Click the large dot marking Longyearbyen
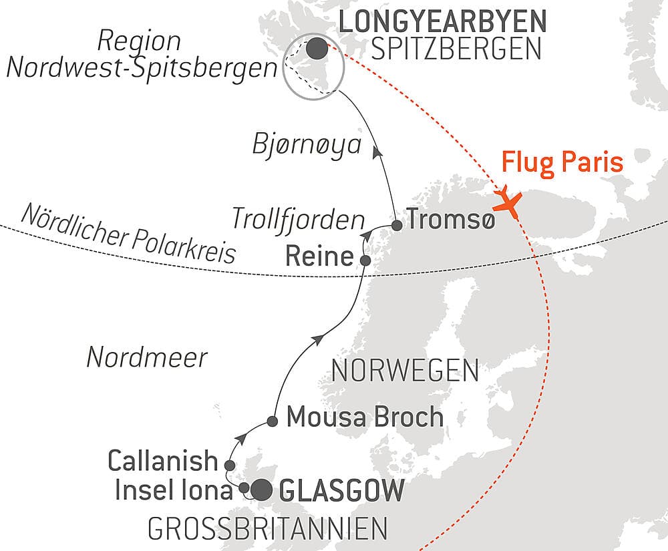pos(317,48)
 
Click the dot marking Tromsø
pos(397,225)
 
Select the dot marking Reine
pos(365,260)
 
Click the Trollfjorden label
pos(298,219)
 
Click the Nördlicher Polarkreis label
pos(128,234)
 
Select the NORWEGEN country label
pos(405,371)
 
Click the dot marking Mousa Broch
pos(273,421)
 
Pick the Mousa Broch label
pos(365,417)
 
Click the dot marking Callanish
pos(230,465)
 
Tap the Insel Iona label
pos(173,491)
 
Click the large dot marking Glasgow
pos(261,490)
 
